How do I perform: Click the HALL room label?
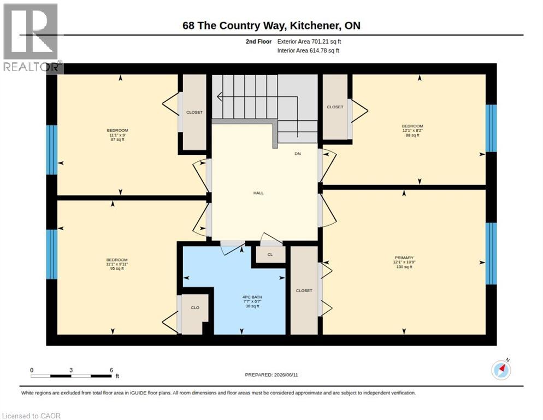pyautogui.click(x=258, y=193)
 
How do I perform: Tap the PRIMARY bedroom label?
pyautogui.click(x=404, y=258)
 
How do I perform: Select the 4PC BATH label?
pyautogui.click(x=252, y=297)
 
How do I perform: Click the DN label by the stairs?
pyautogui.click(x=298, y=154)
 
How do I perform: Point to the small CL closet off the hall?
pyautogui.click(x=270, y=254)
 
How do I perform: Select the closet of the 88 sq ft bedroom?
pyautogui.click(x=335, y=107)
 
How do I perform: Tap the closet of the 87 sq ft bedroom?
pyautogui.click(x=194, y=112)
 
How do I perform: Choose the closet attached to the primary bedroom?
pyautogui.click(x=304, y=290)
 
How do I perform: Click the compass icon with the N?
pyautogui.click(x=501, y=370)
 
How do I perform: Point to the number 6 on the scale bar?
pyautogui.click(x=111, y=370)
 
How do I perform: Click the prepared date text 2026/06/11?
pyautogui.click(x=286, y=375)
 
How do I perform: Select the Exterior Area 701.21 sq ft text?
pyautogui.click(x=309, y=42)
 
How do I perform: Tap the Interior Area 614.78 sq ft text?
pyautogui.click(x=308, y=51)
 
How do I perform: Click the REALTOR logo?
pyautogui.click(x=32, y=38)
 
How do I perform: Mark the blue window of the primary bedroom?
pyautogui.click(x=491, y=254)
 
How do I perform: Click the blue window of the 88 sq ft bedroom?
pyautogui.click(x=491, y=129)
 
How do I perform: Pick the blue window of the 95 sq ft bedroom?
pyautogui.click(x=51, y=254)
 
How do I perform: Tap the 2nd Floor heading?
pyautogui.click(x=259, y=42)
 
